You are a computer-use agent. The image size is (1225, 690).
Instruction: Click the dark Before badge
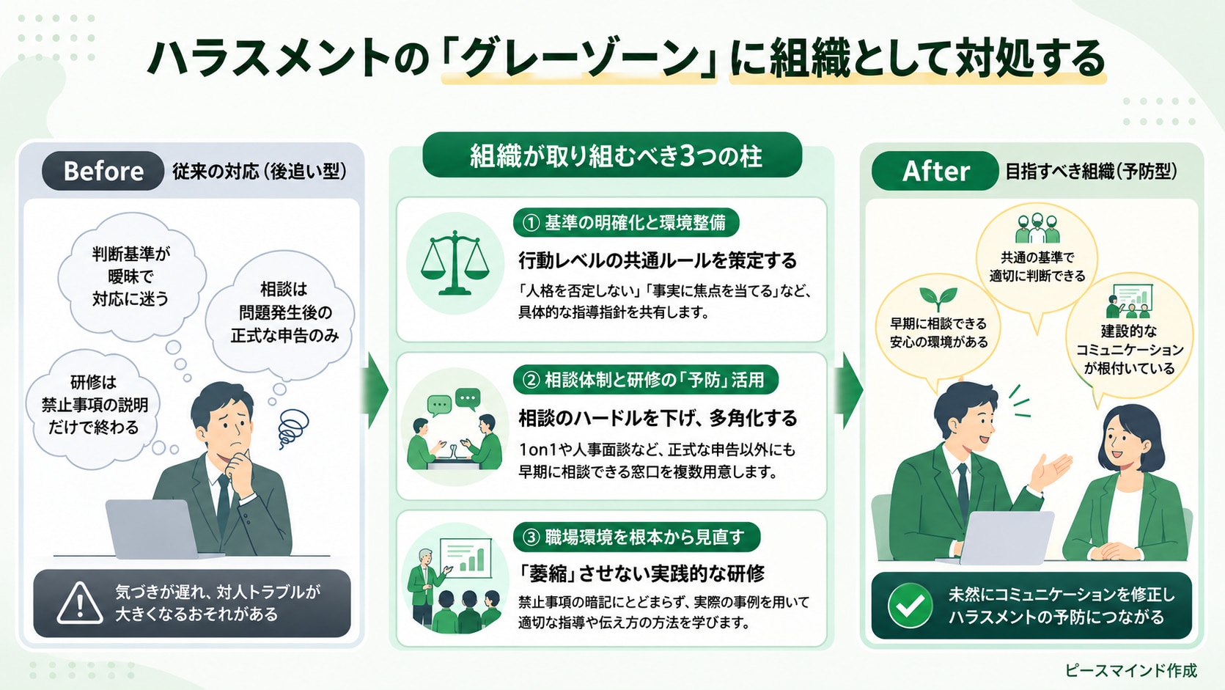[103, 171]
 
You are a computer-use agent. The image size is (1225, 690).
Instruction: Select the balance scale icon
[455, 263]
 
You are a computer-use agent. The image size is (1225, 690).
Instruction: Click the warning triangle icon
[80, 603]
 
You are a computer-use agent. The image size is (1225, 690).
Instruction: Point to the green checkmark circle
[910, 605]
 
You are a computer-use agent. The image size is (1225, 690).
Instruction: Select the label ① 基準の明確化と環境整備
[625, 223]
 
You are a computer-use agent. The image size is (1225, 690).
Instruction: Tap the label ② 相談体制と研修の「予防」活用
[645, 380]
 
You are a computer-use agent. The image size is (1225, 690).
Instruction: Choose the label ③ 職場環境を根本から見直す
[636, 537]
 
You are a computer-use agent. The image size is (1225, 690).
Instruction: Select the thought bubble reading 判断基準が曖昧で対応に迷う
[132, 276]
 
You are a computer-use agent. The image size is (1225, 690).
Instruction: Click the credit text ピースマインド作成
[1131, 670]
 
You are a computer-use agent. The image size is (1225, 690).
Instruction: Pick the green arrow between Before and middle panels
[378, 390]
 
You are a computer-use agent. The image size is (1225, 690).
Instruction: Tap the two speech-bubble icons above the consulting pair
[454, 401]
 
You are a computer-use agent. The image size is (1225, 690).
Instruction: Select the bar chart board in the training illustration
[466, 558]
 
